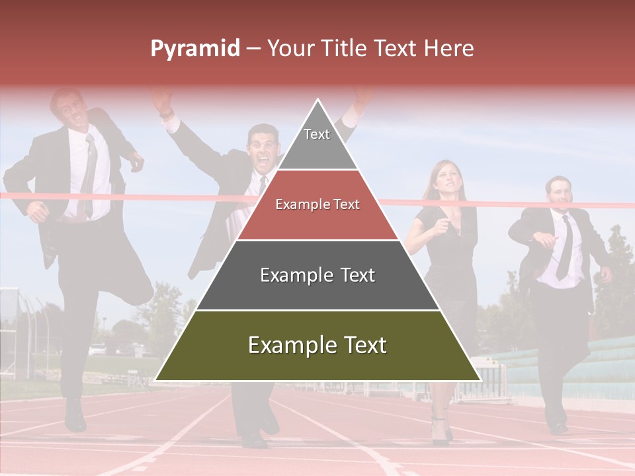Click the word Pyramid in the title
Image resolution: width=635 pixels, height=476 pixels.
(194, 49)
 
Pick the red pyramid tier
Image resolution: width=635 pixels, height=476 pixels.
(317, 205)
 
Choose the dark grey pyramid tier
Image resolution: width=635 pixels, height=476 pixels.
(317, 275)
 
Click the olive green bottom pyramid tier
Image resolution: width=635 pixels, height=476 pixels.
(317, 345)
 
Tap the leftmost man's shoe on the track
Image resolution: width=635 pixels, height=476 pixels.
(75, 416)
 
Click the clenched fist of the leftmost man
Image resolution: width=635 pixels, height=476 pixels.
(136, 161)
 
